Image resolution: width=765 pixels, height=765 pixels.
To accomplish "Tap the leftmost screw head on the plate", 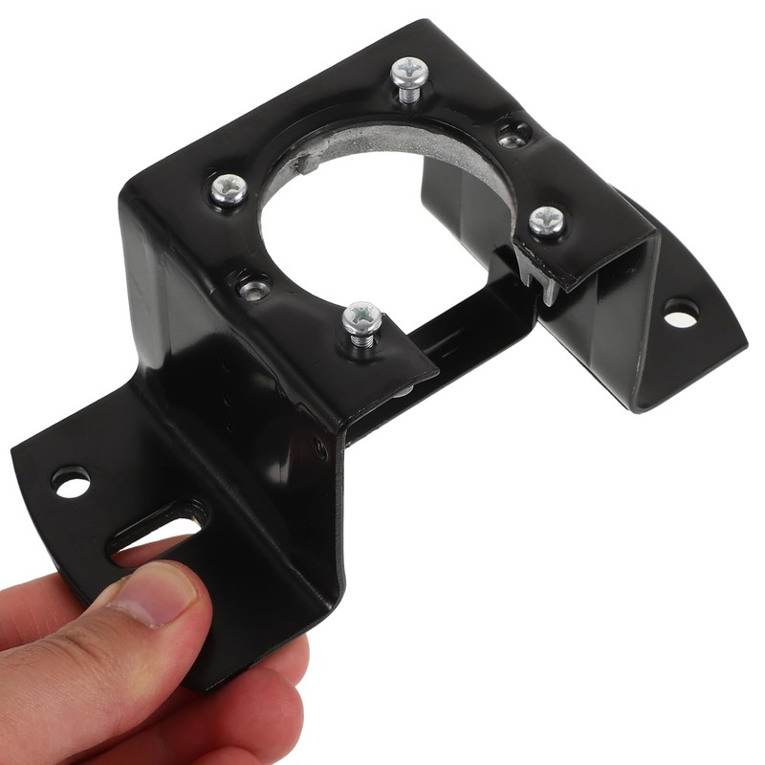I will click(x=228, y=188).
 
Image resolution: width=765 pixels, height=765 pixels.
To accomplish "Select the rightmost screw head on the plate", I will click(x=547, y=221).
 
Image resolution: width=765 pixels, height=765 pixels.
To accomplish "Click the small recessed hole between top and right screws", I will click(x=514, y=134).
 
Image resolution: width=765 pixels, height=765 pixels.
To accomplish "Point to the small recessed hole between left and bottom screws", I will click(x=252, y=286).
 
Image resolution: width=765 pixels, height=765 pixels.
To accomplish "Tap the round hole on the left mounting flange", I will click(x=71, y=481).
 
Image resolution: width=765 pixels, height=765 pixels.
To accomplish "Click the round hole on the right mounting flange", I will click(x=681, y=313).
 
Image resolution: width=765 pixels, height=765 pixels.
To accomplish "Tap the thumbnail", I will click(x=158, y=589).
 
